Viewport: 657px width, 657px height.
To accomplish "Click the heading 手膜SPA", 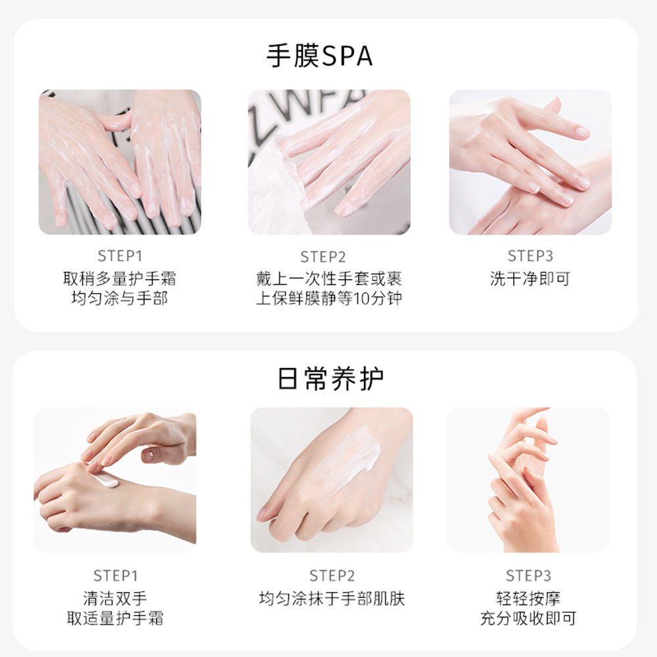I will coord(319,56).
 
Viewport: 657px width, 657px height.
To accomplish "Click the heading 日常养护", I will coord(330,379).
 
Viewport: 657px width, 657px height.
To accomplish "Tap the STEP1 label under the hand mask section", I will coord(120,256).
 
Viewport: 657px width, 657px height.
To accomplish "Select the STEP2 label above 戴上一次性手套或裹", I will coord(323,257).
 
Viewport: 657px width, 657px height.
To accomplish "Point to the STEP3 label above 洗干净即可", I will coord(530,256).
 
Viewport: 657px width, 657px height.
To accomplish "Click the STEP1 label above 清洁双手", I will coord(115,576).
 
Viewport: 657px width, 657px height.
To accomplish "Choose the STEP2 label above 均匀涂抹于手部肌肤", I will coord(332,576).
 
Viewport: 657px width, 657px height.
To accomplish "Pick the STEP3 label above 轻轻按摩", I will coord(528,576).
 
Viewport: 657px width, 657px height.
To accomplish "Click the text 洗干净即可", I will coord(530,279).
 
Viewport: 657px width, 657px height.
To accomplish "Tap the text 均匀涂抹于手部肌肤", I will coord(332,599).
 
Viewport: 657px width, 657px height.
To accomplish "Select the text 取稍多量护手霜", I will coord(120,279).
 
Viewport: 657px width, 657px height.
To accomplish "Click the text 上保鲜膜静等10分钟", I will coord(329,299).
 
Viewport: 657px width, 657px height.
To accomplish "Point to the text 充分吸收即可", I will coord(528,619).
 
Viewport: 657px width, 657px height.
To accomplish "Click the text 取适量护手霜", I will coord(115,619).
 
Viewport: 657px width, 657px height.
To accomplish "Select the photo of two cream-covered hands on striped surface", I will coord(120,162).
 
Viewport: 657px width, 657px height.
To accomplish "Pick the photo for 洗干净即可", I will coord(530,162).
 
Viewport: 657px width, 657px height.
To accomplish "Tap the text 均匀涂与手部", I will coord(120,299).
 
